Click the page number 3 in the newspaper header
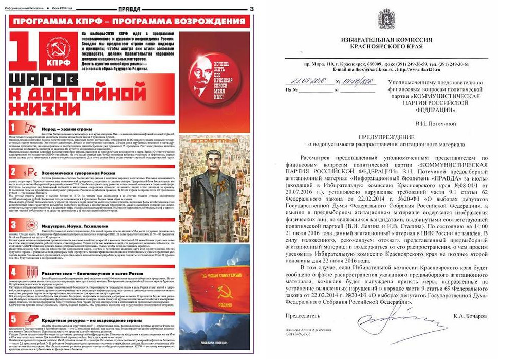(252, 9)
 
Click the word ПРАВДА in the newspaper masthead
(130, 9)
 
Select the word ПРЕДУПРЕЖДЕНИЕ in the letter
(387, 137)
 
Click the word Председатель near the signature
(303, 315)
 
